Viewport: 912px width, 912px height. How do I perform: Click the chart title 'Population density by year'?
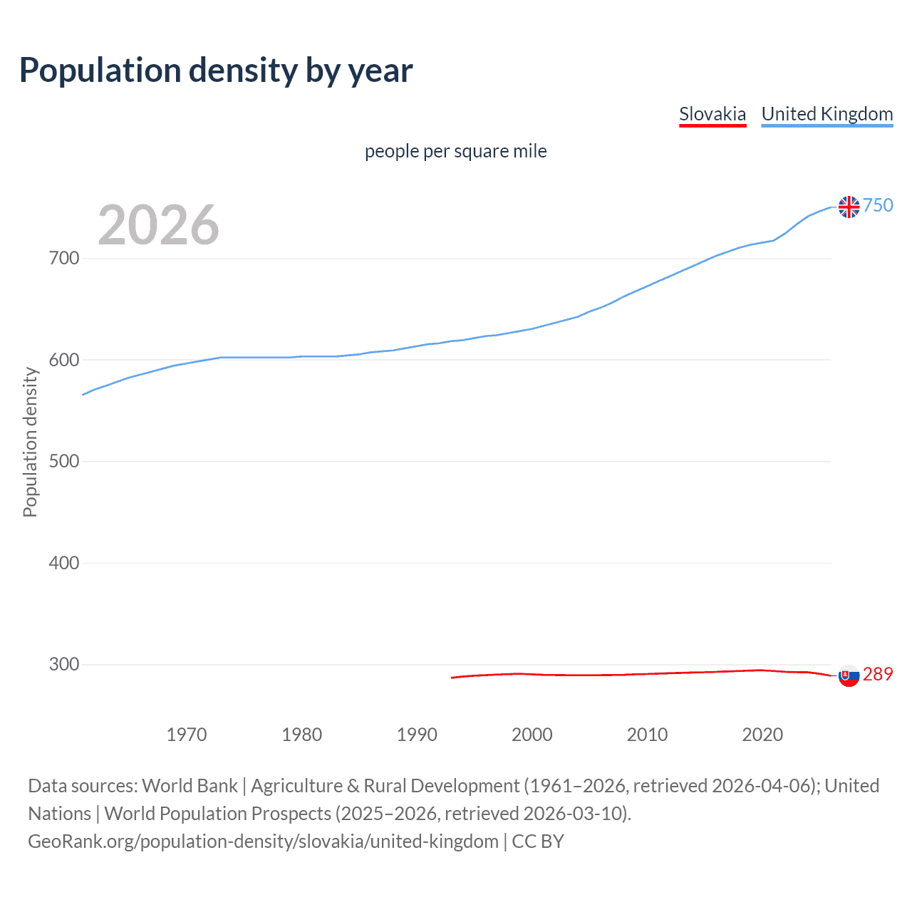click(216, 71)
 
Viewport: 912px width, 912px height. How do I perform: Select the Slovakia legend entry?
click(712, 114)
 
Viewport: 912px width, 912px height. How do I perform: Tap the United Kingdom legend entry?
click(826, 114)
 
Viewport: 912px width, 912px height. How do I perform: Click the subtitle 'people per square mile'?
click(455, 151)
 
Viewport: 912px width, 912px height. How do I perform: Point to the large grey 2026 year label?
click(158, 225)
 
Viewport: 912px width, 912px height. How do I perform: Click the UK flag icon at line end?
click(849, 207)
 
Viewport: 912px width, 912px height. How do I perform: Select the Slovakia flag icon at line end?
click(849, 675)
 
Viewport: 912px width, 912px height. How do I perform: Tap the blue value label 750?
click(878, 206)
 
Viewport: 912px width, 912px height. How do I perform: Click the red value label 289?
click(878, 674)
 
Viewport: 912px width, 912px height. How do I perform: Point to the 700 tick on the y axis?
click(63, 258)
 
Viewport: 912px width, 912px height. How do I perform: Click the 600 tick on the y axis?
click(63, 360)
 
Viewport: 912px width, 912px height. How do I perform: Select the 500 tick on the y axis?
click(63, 461)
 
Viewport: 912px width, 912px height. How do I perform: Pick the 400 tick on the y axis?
click(63, 563)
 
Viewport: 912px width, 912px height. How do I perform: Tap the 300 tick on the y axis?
click(63, 664)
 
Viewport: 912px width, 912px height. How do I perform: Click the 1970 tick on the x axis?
click(187, 735)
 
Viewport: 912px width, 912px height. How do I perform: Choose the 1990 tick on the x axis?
click(417, 735)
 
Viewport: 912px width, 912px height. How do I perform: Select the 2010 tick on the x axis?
click(647, 735)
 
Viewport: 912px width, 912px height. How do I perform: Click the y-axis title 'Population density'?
click(30, 442)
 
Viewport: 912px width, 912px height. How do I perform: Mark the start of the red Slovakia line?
click(452, 678)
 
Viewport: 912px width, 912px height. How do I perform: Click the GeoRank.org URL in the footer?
click(263, 841)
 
